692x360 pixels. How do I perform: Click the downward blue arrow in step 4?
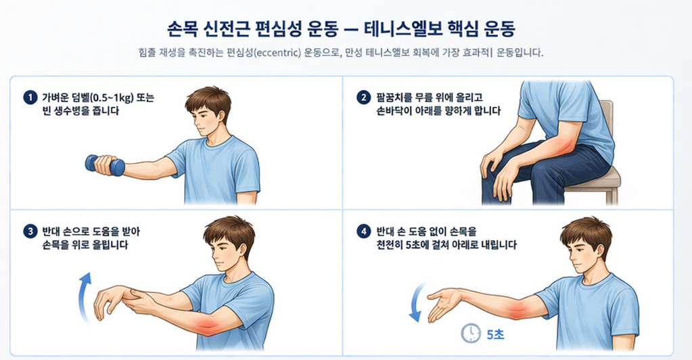415,301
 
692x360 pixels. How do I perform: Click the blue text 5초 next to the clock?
495,334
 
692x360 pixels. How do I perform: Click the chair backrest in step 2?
606,129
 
